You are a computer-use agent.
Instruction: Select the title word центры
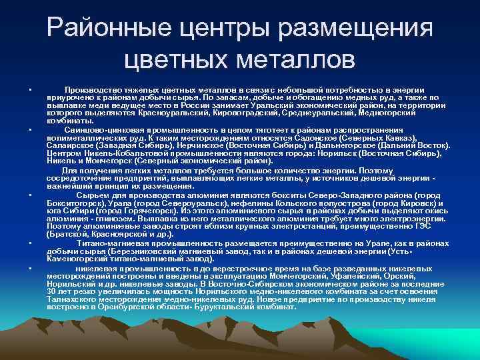233,29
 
